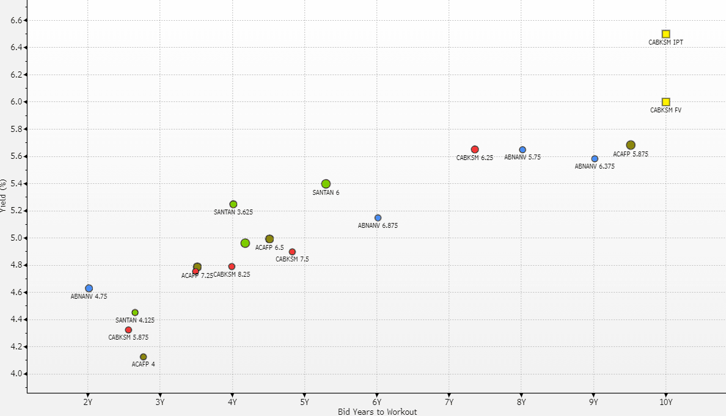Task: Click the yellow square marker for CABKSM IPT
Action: [x=665, y=34]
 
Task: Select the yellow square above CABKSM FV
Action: [x=665, y=102]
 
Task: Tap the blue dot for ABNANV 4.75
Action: [x=89, y=288]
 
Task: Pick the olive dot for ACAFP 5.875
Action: [x=631, y=145]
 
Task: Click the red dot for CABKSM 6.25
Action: [x=475, y=150]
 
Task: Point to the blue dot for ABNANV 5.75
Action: [x=522, y=150]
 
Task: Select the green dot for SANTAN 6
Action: [x=326, y=184]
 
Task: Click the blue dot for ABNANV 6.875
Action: [x=378, y=218]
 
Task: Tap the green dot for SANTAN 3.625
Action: [x=233, y=204]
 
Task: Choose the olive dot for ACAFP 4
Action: [x=143, y=357]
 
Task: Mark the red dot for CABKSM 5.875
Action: [x=128, y=330]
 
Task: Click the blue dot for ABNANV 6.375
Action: [x=595, y=159]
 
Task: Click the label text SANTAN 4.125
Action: [x=135, y=320]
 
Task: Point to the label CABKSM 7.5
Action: [x=292, y=259]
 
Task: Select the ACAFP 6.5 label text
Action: [x=269, y=247]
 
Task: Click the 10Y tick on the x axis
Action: [x=665, y=402]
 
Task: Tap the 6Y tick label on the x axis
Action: [x=377, y=402]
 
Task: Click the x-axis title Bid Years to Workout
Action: [x=377, y=412]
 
